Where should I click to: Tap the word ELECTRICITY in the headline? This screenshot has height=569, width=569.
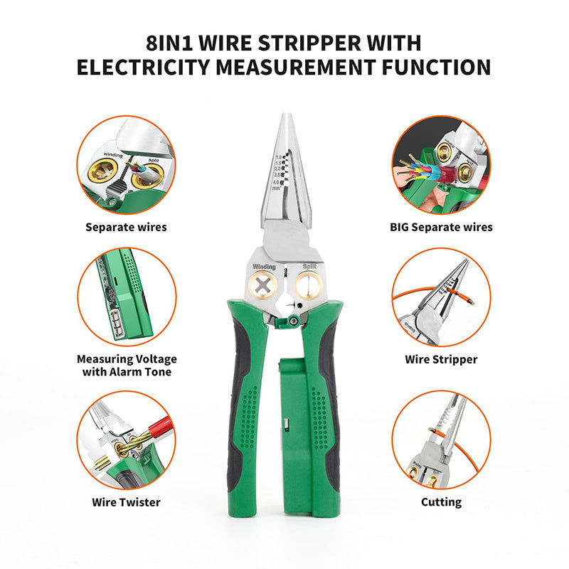click(x=158, y=68)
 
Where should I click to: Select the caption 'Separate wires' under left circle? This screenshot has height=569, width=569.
click(x=126, y=228)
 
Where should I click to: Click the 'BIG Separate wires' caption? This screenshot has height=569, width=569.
click(x=441, y=228)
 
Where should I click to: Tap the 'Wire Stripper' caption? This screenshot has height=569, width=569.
click(x=441, y=359)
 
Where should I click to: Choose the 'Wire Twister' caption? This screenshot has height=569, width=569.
click(x=126, y=502)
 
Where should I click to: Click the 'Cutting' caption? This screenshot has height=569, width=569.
click(x=441, y=502)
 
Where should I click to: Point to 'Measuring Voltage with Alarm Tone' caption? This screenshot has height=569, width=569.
click(x=126, y=366)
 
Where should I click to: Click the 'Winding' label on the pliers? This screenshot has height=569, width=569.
click(x=262, y=266)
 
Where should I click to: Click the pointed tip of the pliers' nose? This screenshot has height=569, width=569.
click(x=285, y=116)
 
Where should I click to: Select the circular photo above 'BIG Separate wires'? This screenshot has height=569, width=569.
click(x=441, y=165)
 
